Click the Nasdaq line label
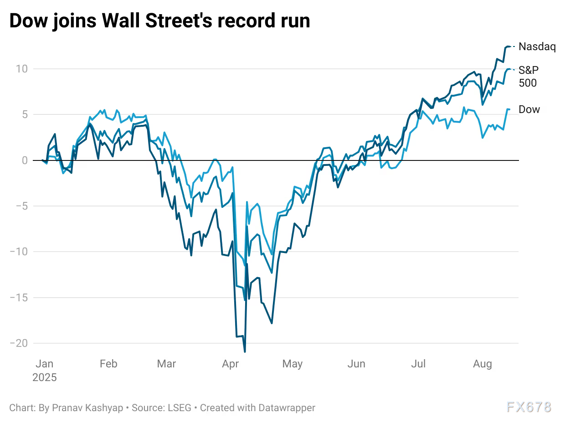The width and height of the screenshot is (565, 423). pyautogui.click(x=537, y=47)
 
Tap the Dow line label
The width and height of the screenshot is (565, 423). pyautogui.click(x=529, y=109)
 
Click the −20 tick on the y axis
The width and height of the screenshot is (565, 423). pyautogui.click(x=18, y=343)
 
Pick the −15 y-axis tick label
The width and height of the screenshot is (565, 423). pyautogui.click(x=18, y=298)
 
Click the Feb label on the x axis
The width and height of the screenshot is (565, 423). pyautogui.click(x=108, y=364)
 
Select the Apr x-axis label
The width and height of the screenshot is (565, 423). pyautogui.click(x=230, y=364)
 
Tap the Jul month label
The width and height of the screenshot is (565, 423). pyautogui.click(x=418, y=364)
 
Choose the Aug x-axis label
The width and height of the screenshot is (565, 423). pyautogui.click(x=483, y=364)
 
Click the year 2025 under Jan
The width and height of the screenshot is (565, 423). pyautogui.click(x=45, y=378)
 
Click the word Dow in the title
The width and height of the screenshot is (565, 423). pyautogui.click(x=30, y=21)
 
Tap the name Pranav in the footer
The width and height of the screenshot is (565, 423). pyautogui.click(x=64, y=408)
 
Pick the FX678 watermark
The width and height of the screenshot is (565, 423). pyautogui.click(x=529, y=407)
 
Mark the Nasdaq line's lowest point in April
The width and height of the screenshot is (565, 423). pyautogui.click(x=245, y=351)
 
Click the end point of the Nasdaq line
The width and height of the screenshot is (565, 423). pyautogui.click(x=509, y=46)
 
